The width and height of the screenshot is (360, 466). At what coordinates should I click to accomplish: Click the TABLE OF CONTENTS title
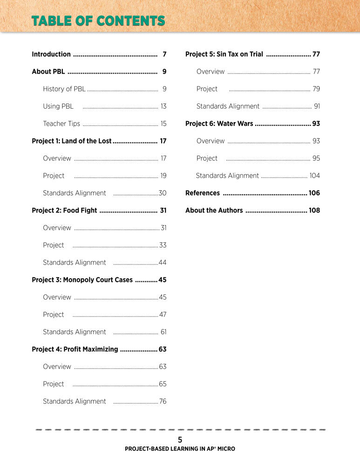point(98,21)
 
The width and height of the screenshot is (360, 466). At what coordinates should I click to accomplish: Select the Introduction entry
point(51,54)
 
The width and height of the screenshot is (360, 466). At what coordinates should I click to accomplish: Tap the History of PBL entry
point(64,89)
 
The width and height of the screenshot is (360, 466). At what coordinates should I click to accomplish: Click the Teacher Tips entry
point(61,123)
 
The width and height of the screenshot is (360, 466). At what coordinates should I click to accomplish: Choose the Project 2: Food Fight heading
point(64,210)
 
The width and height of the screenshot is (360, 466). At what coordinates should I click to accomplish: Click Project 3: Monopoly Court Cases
point(82,280)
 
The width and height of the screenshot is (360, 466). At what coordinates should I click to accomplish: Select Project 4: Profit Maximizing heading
point(75,349)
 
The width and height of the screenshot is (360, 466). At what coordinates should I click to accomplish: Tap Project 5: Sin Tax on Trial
point(224,54)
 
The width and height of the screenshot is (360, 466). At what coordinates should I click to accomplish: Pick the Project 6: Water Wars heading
point(219,123)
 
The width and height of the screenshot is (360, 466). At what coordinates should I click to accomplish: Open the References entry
point(203,193)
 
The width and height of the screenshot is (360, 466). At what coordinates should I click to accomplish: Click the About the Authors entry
point(214,210)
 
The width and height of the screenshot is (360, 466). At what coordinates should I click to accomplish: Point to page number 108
point(314,210)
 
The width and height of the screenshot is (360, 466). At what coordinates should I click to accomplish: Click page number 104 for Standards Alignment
point(315,176)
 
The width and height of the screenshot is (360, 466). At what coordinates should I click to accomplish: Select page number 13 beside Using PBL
point(163,106)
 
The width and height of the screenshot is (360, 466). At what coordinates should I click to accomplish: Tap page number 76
point(163,401)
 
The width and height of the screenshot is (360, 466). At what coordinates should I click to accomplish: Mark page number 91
point(317,106)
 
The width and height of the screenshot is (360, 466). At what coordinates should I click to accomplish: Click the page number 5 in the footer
point(180,439)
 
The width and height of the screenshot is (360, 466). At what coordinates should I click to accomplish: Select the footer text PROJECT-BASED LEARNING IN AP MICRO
point(180,449)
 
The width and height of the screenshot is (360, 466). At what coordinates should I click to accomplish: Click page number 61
point(163,332)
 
